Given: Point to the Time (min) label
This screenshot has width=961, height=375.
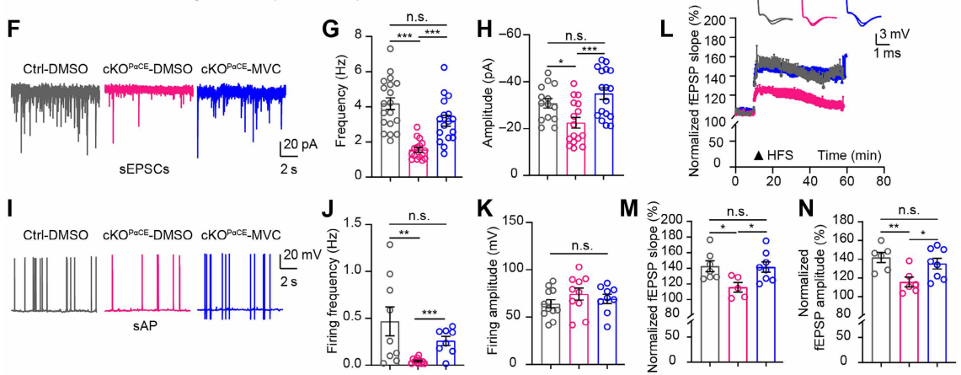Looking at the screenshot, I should click(x=845, y=156).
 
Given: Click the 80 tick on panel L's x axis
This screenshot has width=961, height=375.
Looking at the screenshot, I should click(x=882, y=180).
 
